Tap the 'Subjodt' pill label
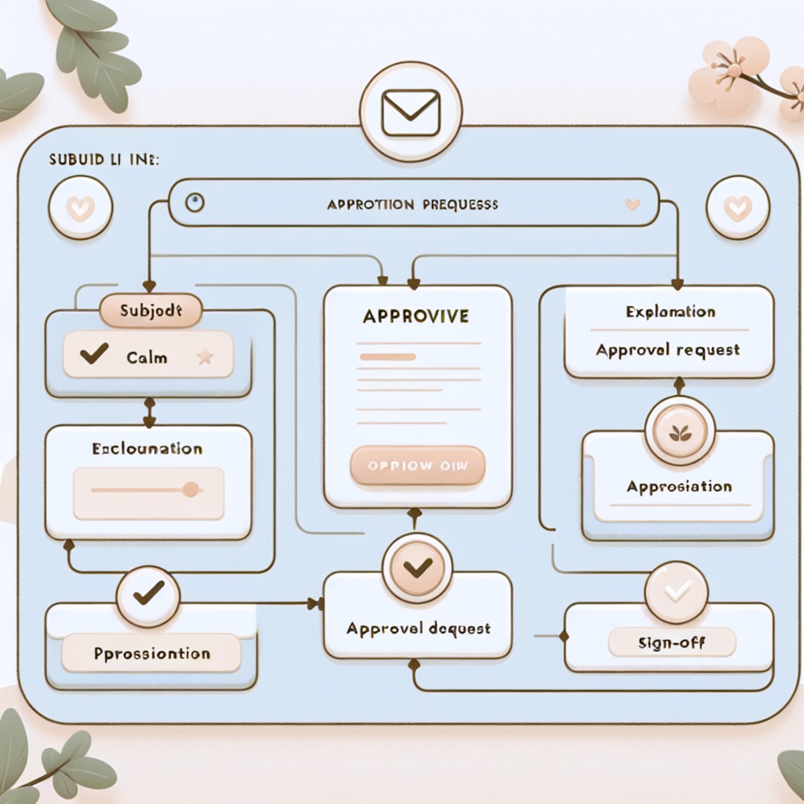click(150, 311)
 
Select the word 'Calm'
click(147, 357)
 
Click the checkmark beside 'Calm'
click(94, 353)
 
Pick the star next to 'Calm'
click(205, 356)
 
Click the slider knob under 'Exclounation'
click(191, 489)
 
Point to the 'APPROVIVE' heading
click(415, 316)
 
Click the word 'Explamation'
click(670, 312)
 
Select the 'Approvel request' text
click(667, 350)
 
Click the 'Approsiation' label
click(679, 486)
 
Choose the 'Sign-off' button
click(671, 643)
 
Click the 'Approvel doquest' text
click(418, 629)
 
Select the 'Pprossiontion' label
click(152, 653)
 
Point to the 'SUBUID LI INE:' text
click(104, 161)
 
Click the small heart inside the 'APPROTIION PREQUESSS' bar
click(631, 204)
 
